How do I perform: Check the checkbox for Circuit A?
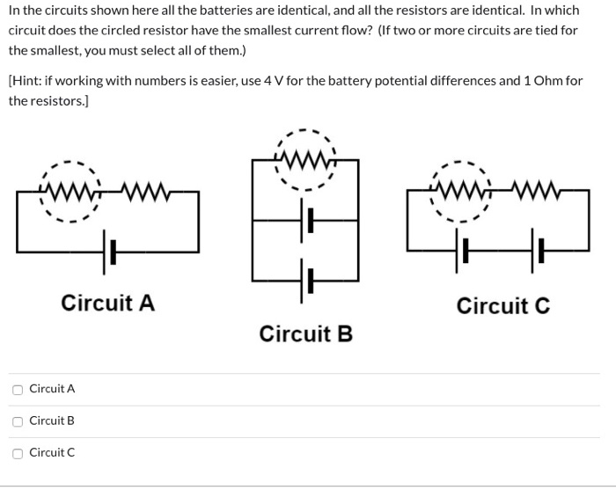click(x=18, y=389)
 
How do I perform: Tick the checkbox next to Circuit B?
click(x=18, y=421)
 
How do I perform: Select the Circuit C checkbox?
click(x=18, y=453)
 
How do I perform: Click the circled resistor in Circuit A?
click(x=70, y=190)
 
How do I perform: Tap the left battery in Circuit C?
click(x=462, y=252)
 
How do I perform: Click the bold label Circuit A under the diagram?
click(x=107, y=304)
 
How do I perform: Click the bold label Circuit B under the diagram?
click(x=305, y=334)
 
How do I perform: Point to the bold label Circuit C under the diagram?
click(x=502, y=306)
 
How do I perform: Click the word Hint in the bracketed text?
click(x=26, y=81)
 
